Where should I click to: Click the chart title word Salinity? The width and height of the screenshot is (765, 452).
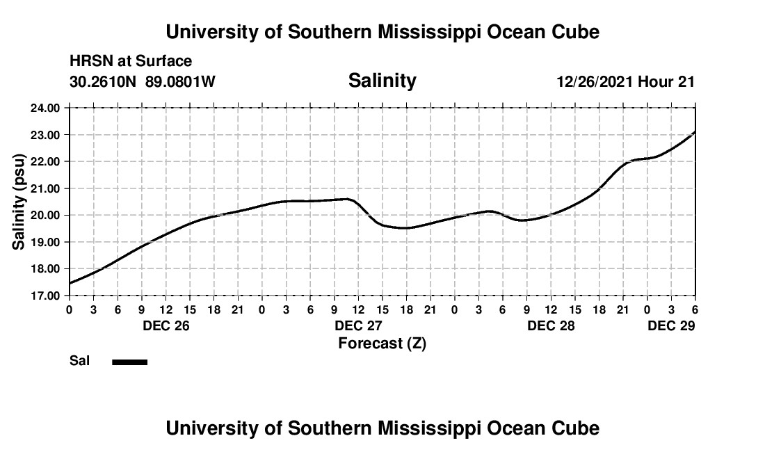coord(382,81)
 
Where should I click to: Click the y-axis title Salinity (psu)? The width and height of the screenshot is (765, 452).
coord(19,202)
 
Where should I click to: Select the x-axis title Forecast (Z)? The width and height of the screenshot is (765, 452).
coord(382,343)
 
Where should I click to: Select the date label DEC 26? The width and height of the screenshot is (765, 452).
coord(166,325)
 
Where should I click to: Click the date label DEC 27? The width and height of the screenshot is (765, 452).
coord(358,325)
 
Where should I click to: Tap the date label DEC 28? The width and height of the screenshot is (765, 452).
coord(551,325)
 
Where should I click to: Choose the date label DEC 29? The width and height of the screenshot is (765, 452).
coord(671,325)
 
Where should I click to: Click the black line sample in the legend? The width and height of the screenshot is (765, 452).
coord(129,362)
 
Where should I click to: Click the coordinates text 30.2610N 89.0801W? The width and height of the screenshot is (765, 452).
coord(143,81)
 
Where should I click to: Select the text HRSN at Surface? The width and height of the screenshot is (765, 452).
coord(131,62)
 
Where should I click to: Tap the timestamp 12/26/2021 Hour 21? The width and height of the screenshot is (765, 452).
coord(625,81)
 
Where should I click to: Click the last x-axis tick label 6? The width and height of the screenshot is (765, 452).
coord(695,309)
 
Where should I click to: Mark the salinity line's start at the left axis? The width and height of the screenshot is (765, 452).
coord(70,283)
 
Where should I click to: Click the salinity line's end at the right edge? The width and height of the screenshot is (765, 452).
coord(695,131)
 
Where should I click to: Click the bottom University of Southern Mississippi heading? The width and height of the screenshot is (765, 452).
coord(382,428)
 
